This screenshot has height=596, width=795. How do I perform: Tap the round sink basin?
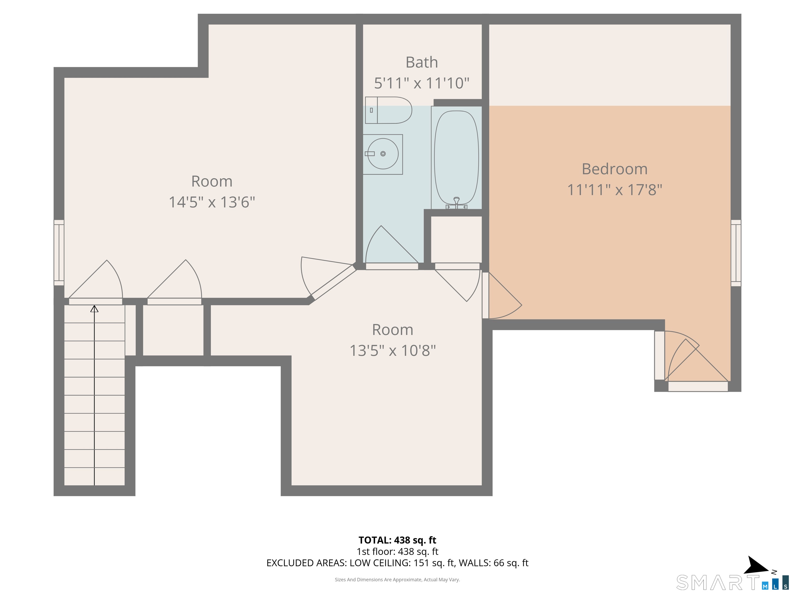[x=383, y=154]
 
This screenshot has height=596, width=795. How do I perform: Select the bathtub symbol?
[x=457, y=158]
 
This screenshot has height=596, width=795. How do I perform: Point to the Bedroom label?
[x=615, y=169]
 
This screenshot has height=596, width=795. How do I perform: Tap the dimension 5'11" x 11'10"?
[x=422, y=83]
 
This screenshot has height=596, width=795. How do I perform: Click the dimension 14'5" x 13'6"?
[x=212, y=202]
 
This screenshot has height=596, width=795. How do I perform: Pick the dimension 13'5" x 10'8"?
[x=393, y=351]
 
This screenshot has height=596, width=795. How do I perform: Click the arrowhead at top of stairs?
[x=94, y=309]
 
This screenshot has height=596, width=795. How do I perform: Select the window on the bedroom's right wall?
[x=736, y=253]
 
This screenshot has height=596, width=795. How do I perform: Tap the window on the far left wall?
[x=59, y=252]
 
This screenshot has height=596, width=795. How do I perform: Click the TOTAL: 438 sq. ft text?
[x=397, y=540]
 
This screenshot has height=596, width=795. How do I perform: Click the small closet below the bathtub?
[x=457, y=239]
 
